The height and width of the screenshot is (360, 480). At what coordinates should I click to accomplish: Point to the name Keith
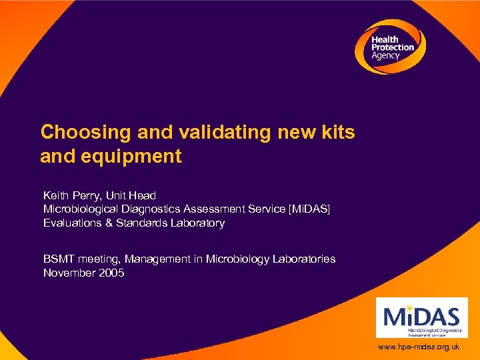(57, 195)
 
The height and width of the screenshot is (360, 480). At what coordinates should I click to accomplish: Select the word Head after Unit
(143, 195)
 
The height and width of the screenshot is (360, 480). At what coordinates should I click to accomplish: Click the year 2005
(111, 273)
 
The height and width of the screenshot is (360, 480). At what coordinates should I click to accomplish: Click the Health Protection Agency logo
(389, 47)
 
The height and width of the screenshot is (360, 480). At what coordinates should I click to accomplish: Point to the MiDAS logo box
(421, 317)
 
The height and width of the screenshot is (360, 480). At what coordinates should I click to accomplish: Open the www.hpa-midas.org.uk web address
(419, 347)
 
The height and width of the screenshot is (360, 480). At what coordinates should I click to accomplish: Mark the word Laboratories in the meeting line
(304, 259)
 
